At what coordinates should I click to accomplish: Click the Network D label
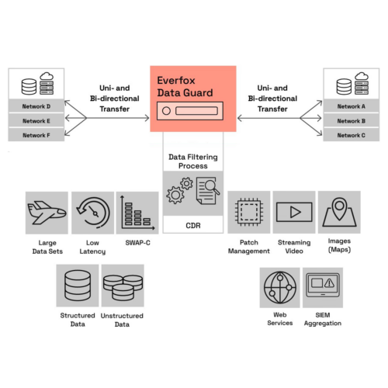pos(36,106)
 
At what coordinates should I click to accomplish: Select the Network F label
pos(36,135)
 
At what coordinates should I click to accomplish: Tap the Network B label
pos(352,121)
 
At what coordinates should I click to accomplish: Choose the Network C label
pos(352,135)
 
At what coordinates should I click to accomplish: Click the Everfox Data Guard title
pos(185,86)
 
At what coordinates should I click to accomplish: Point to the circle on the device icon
pos(166,111)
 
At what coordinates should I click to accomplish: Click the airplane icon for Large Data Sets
pos(47,213)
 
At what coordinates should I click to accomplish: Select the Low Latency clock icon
pos(93,213)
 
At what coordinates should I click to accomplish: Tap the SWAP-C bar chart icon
pos(137,213)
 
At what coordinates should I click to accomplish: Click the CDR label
pos(193,226)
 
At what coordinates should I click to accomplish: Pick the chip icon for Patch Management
pos(249,212)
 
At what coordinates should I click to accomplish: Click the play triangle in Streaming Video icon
pos(296,212)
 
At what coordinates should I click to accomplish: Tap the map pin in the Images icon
pos(339,209)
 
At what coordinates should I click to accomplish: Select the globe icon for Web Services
pos(280,287)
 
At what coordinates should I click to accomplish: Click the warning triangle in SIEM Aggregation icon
pos(329,283)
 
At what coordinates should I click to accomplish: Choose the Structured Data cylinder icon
pos(78,286)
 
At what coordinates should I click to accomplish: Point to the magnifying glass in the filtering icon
pos(211,186)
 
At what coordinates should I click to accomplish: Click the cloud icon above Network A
pos(362,76)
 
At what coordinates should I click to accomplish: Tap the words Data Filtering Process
pos(193,161)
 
